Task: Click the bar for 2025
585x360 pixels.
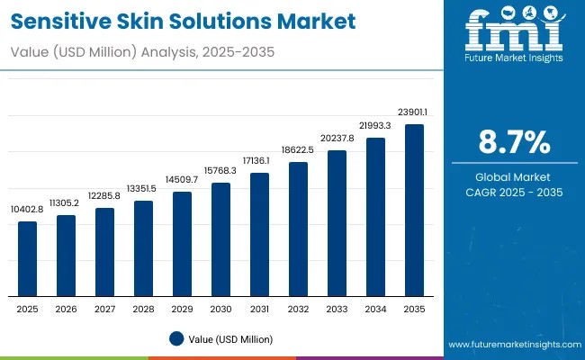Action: point(28,259)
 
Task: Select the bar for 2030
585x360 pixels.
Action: point(221,239)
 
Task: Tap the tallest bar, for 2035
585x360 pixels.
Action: point(415,211)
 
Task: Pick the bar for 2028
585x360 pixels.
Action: point(144,248)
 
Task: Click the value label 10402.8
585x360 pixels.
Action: point(28,209)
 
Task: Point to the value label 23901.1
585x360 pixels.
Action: point(415,112)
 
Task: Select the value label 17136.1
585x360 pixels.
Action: point(260,160)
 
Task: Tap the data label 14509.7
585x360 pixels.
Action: point(183,180)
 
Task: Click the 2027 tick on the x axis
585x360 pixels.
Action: point(105,309)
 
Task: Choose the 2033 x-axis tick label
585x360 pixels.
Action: point(337,309)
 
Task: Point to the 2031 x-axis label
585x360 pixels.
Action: point(260,309)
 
